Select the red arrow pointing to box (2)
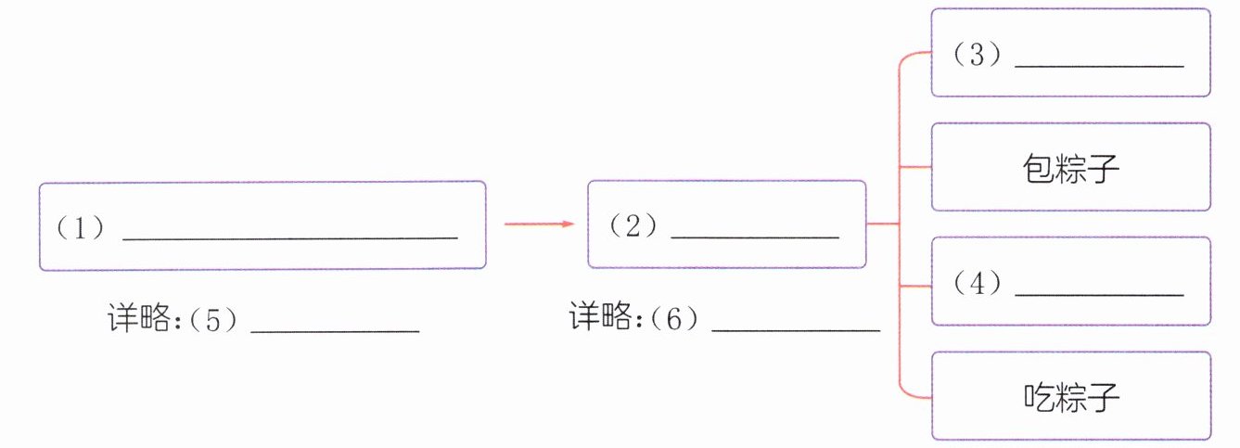pyautogui.click(x=539, y=224)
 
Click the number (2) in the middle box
pyautogui.click(x=633, y=226)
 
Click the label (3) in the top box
pyautogui.click(x=978, y=56)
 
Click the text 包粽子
pyautogui.click(x=1071, y=169)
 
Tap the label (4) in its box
pyautogui.click(x=978, y=284)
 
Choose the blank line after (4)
pyautogui.click(x=1100, y=295)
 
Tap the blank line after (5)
pyautogui.click(x=335, y=331)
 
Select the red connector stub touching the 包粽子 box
pyautogui.click(x=916, y=168)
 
